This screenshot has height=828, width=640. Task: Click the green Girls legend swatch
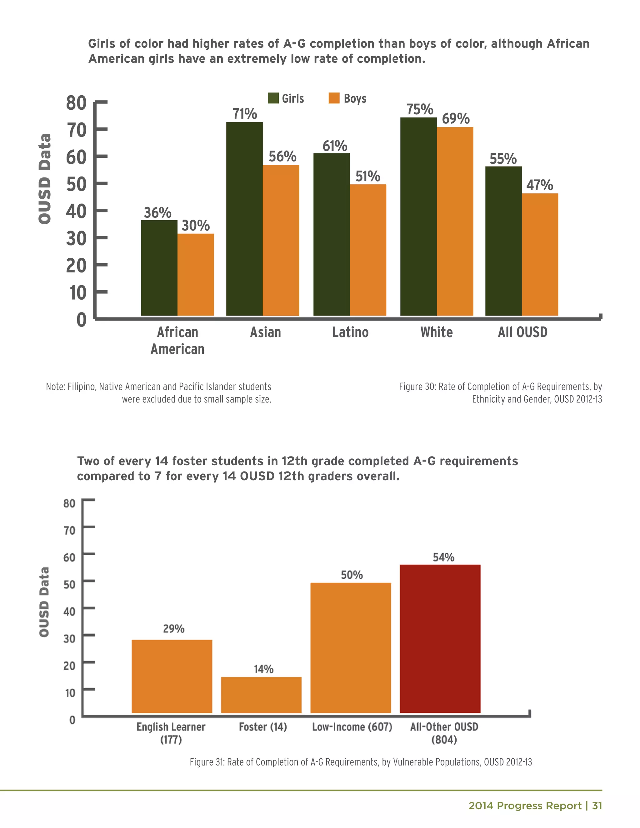click(273, 98)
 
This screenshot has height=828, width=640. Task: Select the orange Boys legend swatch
click(334, 98)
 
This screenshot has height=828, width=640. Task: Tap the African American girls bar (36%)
click(159, 268)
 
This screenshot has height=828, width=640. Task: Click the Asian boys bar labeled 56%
click(281, 240)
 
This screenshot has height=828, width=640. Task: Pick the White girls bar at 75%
click(418, 217)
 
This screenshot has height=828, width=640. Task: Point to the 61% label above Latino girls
click(335, 146)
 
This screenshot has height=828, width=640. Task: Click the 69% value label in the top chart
click(455, 119)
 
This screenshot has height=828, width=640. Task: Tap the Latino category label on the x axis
click(350, 332)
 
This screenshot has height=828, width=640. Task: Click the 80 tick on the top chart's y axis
click(77, 103)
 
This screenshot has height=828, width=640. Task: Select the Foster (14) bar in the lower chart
click(261, 695)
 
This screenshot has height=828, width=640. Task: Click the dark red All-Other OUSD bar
click(440, 639)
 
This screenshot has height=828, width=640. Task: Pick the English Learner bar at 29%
click(172, 676)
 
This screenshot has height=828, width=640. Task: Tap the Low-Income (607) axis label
click(352, 727)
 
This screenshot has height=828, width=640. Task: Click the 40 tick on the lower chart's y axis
click(69, 611)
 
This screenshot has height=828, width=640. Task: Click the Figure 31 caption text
click(361, 762)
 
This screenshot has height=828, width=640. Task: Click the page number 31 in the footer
click(597, 806)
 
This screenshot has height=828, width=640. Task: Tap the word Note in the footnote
click(55, 387)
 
